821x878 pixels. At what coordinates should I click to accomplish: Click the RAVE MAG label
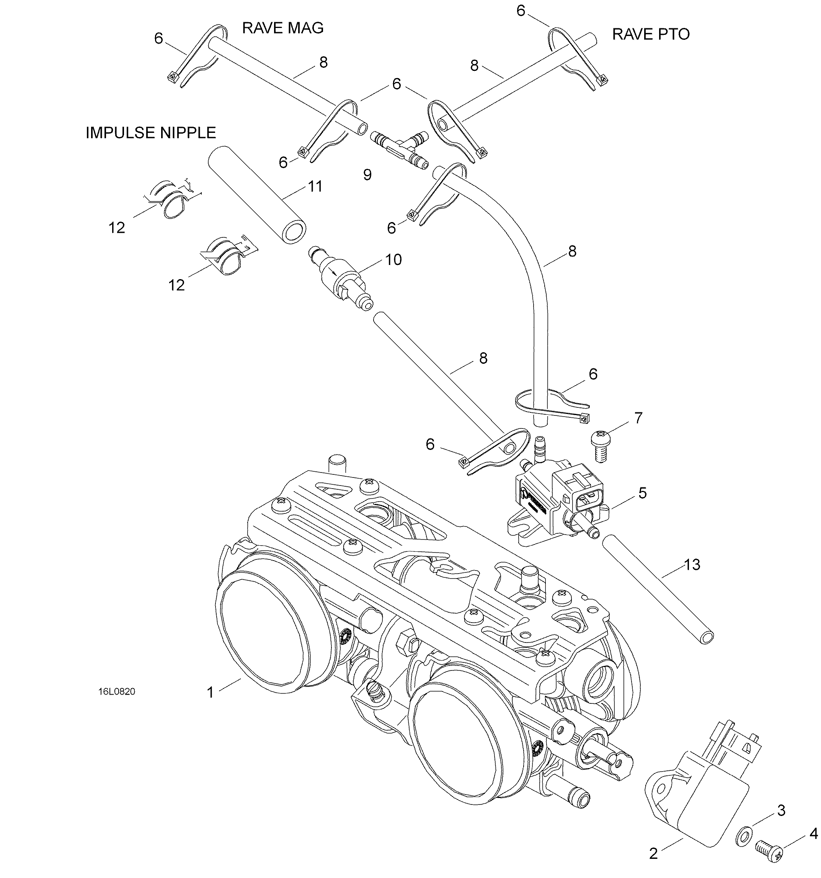pyautogui.click(x=283, y=28)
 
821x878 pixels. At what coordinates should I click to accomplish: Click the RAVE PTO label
pyautogui.click(x=651, y=34)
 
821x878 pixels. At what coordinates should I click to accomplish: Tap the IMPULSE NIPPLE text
pyautogui.click(x=150, y=133)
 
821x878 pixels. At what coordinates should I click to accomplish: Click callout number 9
pyautogui.click(x=367, y=175)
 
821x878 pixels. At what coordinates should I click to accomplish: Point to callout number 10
pyautogui.click(x=393, y=260)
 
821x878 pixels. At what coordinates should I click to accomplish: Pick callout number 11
pyautogui.click(x=315, y=186)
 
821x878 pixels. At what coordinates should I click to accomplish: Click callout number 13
pyautogui.click(x=692, y=564)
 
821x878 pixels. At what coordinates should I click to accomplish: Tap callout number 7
pyautogui.click(x=638, y=418)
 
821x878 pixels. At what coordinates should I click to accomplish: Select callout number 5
pyautogui.click(x=642, y=493)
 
